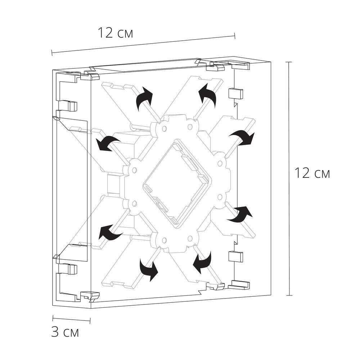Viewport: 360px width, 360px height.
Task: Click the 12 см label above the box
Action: coord(115,33)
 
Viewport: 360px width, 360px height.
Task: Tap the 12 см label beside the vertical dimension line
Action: coord(312,173)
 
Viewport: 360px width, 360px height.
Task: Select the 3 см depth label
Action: coord(65,332)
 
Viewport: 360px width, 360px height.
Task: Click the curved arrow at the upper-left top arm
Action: coord(144,98)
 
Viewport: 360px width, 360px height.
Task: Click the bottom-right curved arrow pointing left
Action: coord(202,262)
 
